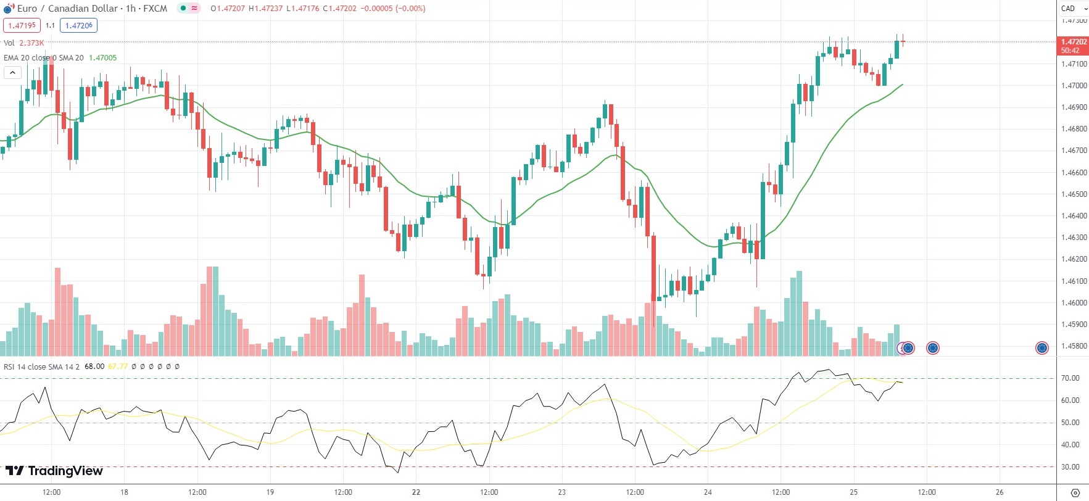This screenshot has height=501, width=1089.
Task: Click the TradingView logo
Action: pyautogui.click(x=54, y=471)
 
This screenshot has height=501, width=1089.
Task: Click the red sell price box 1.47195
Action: pyautogui.click(x=22, y=25)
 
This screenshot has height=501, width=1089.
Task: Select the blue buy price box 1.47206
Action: pyautogui.click(x=78, y=25)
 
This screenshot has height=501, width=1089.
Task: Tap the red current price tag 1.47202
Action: pyautogui.click(x=1074, y=42)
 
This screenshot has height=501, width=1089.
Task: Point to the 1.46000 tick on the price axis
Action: pyautogui.click(x=1074, y=303)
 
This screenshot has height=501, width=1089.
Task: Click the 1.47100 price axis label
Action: pyautogui.click(x=1074, y=64)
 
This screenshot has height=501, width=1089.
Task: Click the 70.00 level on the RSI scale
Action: pyautogui.click(x=1070, y=378)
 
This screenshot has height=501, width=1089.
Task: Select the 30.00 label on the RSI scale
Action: pyautogui.click(x=1070, y=467)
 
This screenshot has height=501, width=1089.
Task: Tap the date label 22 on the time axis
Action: pyautogui.click(x=416, y=492)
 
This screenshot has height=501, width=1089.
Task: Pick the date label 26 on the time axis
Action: pyautogui.click(x=1000, y=492)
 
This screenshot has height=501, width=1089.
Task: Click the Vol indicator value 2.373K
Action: pyautogui.click(x=31, y=43)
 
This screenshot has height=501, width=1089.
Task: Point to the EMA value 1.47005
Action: pyautogui.click(x=102, y=58)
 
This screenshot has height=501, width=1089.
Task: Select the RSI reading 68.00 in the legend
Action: pyautogui.click(x=94, y=366)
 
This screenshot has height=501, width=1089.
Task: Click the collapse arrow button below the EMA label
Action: pyautogui.click(x=12, y=73)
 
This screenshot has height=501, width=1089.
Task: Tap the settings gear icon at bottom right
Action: pyautogui.click(x=1075, y=492)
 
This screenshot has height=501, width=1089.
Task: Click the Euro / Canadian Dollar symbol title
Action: pyautogui.click(x=67, y=9)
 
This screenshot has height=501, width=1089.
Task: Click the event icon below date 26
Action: pyautogui.click(x=1041, y=348)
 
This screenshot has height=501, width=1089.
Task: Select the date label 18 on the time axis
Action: pyautogui.click(x=124, y=492)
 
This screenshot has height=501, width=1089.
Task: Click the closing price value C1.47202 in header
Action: pyautogui.click(x=340, y=9)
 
